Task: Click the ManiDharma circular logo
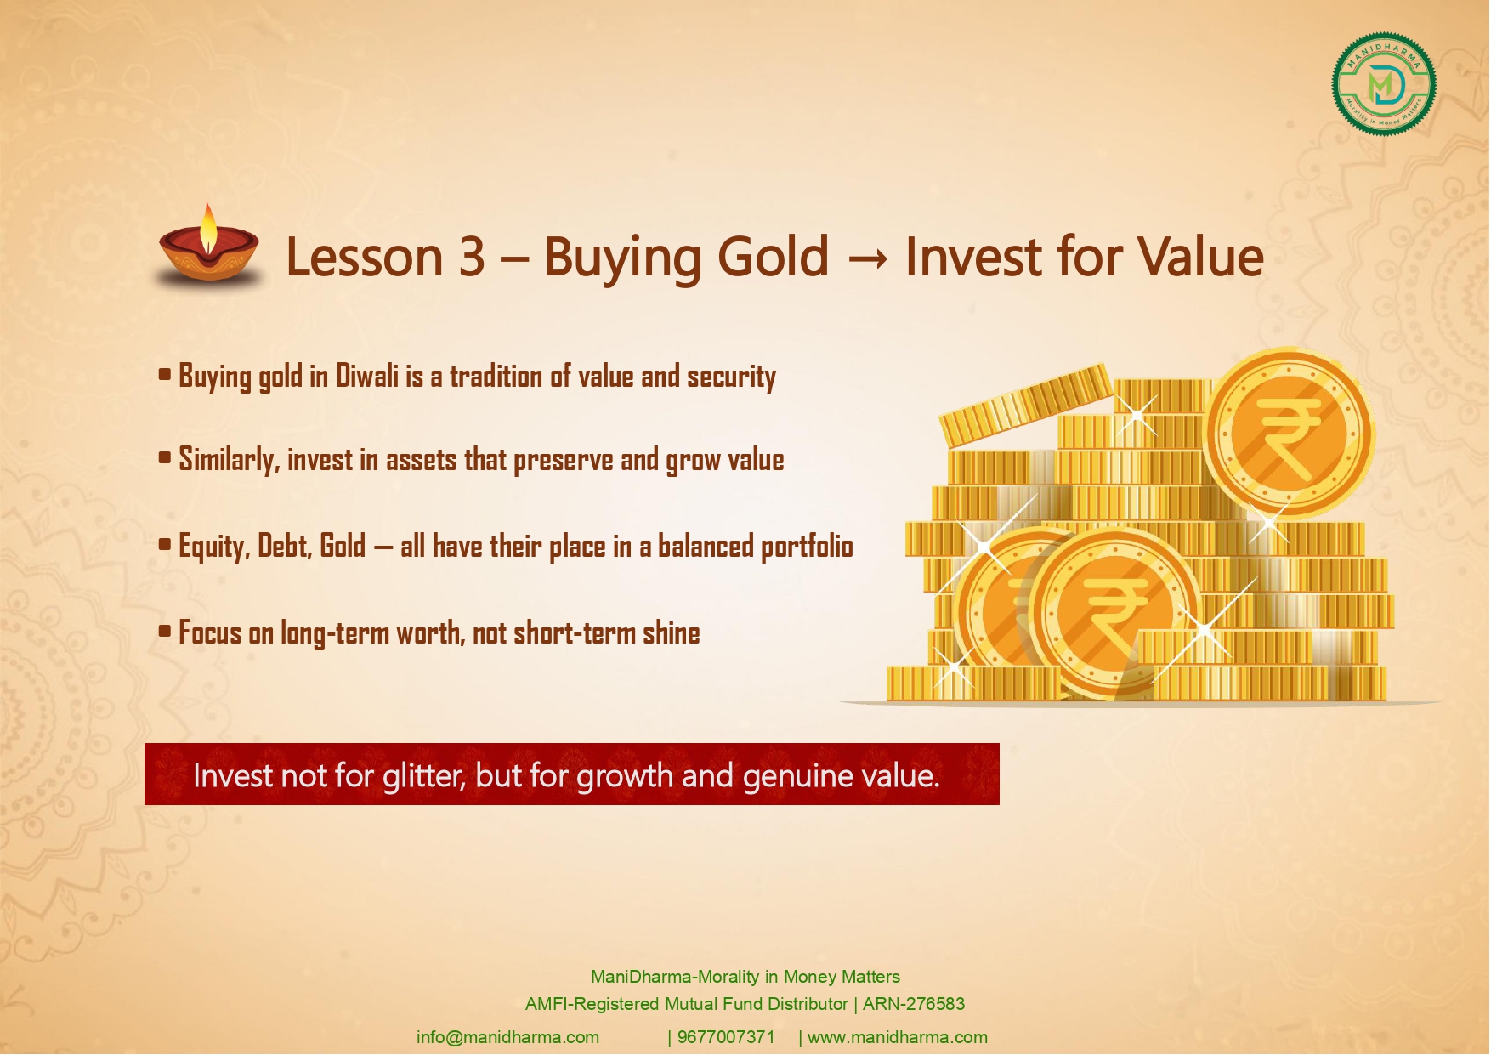click(1384, 84)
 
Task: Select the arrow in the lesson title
click(867, 258)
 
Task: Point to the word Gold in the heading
click(773, 256)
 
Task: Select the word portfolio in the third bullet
click(807, 547)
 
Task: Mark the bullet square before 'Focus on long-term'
click(165, 631)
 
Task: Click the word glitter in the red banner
click(423, 775)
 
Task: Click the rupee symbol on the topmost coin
click(1290, 434)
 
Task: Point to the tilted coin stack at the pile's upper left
click(1025, 404)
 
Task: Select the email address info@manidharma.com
click(507, 1037)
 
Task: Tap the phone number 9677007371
click(726, 1037)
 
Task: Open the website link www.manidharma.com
click(898, 1037)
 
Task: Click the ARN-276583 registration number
click(914, 1004)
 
